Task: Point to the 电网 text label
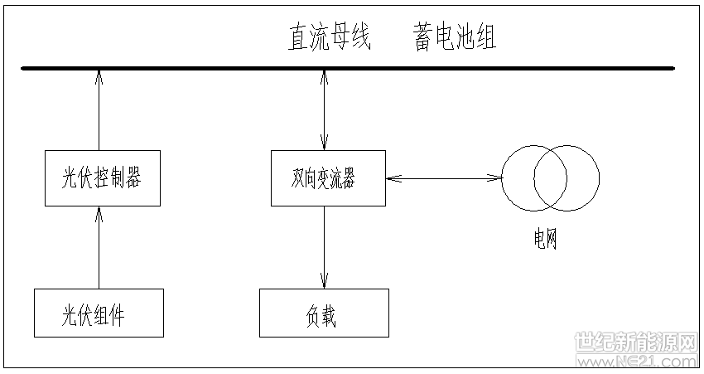point(545,238)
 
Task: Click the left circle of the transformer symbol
point(502,178)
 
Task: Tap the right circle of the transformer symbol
point(600,178)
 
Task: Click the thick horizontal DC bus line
point(348,68)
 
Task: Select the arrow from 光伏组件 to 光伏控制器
point(99,247)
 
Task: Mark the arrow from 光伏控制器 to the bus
point(99,109)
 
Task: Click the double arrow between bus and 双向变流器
point(324,109)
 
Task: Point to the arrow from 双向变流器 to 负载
point(324,247)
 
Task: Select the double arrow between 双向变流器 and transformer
point(444,178)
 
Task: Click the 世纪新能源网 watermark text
point(636,342)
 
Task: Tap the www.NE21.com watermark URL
point(636,361)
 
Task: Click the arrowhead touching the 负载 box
point(324,281)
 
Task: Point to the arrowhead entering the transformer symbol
point(494,178)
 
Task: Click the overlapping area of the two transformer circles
point(550,178)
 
